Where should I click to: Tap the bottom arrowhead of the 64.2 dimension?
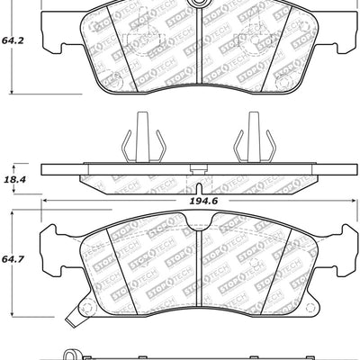pos(11,92)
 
